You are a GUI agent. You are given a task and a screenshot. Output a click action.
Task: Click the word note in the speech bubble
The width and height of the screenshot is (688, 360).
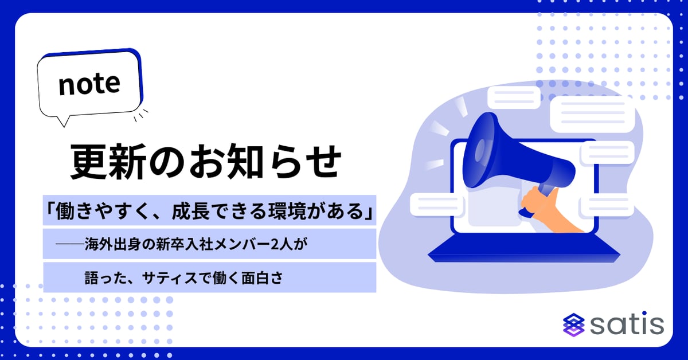point(89,85)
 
